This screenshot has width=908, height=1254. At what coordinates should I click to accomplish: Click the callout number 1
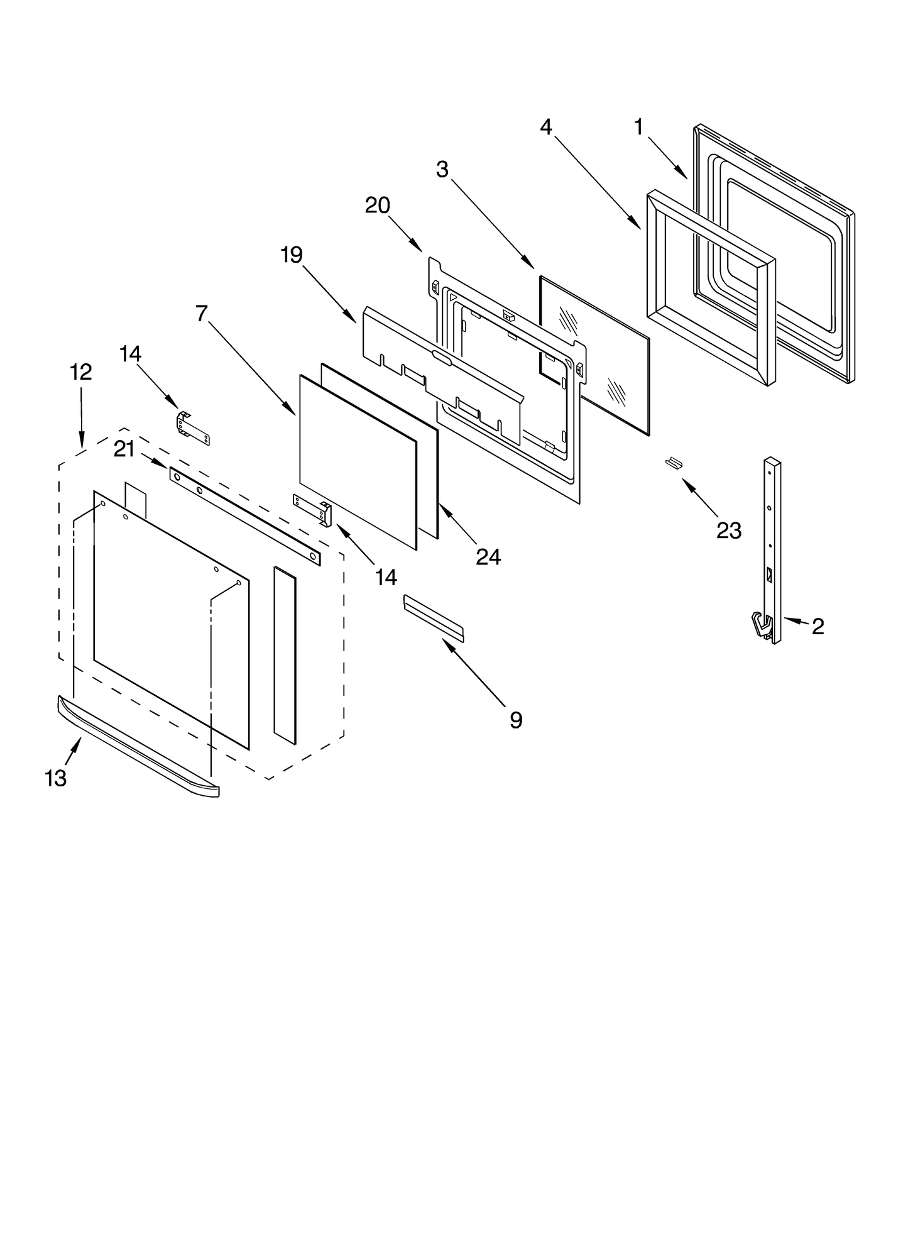click(638, 128)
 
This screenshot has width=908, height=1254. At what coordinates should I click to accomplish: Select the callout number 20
click(378, 206)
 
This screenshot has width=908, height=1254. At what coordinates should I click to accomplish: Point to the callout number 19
click(292, 255)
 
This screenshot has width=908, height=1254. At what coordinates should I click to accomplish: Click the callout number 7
click(201, 313)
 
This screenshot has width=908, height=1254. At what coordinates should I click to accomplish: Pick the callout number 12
click(80, 372)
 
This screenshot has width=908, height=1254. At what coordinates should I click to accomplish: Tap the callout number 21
click(124, 449)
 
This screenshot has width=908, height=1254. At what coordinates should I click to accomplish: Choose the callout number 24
click(488, 556)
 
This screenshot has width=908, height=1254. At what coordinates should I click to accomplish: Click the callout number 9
click(515, 720)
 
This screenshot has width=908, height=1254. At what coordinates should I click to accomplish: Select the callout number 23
click(729, 531)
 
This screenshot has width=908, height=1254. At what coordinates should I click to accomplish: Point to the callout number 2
click(818, 626)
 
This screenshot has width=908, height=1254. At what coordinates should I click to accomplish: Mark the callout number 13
click(55, 779)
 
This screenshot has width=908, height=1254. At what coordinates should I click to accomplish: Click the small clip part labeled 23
click(674, 463)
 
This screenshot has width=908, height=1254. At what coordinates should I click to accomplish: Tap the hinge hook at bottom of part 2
click(761, 626)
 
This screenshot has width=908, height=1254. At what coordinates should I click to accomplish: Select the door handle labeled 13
click(138, 746)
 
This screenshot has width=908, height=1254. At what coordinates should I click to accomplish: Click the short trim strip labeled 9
click(434, 619)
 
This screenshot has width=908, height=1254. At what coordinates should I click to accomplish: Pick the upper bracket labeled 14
click(192, 427)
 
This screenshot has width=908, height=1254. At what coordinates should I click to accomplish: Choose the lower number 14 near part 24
click(386, 577)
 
